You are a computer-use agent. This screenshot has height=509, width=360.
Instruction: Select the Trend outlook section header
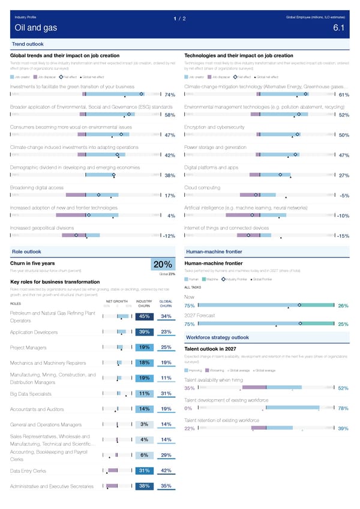click(x=28, y=44)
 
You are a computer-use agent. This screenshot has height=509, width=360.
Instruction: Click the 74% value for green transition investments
click(x=169, y=95)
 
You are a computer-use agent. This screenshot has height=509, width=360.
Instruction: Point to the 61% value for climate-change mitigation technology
click(x=344, y=95)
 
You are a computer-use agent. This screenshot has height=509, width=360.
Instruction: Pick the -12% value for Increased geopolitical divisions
click(x=168, y=236)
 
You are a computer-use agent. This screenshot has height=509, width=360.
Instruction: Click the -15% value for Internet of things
click(x=343, y=236)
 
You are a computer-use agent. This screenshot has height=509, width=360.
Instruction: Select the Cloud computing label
click(x=203, y=188)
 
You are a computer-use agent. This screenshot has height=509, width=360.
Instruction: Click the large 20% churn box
click(x=163, y=265)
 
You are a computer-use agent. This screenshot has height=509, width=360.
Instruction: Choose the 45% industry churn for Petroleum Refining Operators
click(x=144, y=317)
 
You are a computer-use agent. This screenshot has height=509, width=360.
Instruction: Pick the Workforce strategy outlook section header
click(x=215, y=337)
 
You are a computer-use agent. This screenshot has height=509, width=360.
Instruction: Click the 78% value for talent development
click(x=344, y=409)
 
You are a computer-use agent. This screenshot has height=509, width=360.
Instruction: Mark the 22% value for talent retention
click(x=189, y=429)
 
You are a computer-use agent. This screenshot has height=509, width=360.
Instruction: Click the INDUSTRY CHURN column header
click(x=144, y=303)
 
